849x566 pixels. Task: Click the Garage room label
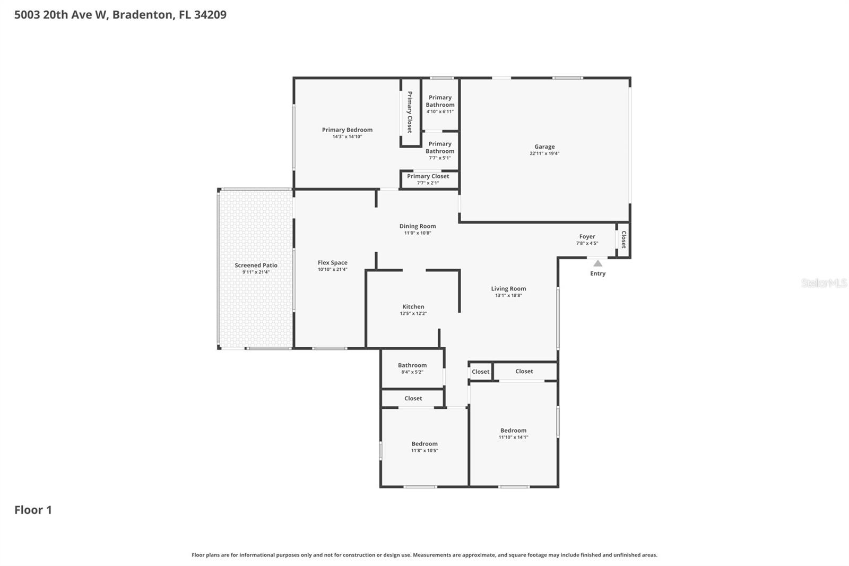point(544,147)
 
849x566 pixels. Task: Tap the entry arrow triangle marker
point(598,263)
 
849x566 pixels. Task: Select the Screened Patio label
point(256,265)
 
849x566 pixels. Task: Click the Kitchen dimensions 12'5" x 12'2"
point(413,314)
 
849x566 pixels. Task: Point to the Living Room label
point(508,289)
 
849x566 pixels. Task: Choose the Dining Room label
point(418,226)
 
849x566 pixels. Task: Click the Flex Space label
point(333,263)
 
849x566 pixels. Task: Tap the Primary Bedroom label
point(347,130)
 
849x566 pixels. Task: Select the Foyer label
point(587,237)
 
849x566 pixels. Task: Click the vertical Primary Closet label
point(410,112)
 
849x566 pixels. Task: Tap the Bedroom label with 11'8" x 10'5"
point(424,444)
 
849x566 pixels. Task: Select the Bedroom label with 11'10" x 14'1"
point(513,431)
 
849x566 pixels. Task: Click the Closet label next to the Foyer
point(624,239)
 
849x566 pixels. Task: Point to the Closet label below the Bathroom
point(413,398)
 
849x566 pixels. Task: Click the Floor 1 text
point(33,510)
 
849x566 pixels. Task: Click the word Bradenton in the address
point(142,14)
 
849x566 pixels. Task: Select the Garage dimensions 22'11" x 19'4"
point(544,153)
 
